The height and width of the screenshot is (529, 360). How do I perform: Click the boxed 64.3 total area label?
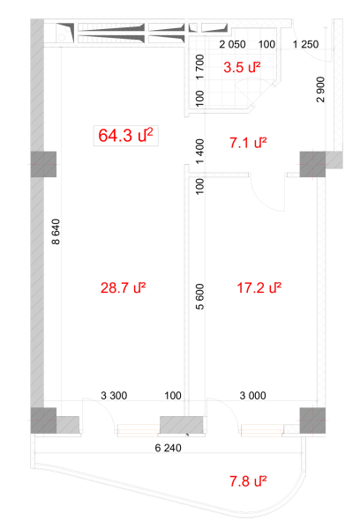click(x=125, y=136)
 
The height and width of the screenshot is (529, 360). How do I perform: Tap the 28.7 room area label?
click(x=123, y=288)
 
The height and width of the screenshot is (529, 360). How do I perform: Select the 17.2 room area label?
click(x=259, y=288)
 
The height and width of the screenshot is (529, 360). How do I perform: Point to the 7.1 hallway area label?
click(x=248, y=143)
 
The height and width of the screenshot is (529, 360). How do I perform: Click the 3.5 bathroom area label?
click(x=242, y=67)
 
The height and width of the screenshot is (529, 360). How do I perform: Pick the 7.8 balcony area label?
click(x=248, y=481)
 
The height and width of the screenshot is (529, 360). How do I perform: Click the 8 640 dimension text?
click(x=56, y=232)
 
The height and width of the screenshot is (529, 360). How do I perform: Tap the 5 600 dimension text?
click(x=199, y=297)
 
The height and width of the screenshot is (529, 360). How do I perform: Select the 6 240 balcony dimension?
click(x=168, y=448)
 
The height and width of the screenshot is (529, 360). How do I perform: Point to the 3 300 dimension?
click(x=114, y=395)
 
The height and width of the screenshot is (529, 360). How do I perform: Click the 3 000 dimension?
click(x=252, y=395)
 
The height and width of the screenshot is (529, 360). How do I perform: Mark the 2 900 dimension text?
click(x=320, y=89)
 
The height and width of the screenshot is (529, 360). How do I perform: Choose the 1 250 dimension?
click(x=305, y=44)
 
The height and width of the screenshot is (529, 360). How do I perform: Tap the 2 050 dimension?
click(x=232, y=44)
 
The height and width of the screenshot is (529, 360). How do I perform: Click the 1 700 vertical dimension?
click(x=199, y=67)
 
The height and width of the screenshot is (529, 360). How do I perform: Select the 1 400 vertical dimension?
click(x=199, y=152)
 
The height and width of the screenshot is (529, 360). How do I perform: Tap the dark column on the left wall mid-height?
click(x=43, y=164)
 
